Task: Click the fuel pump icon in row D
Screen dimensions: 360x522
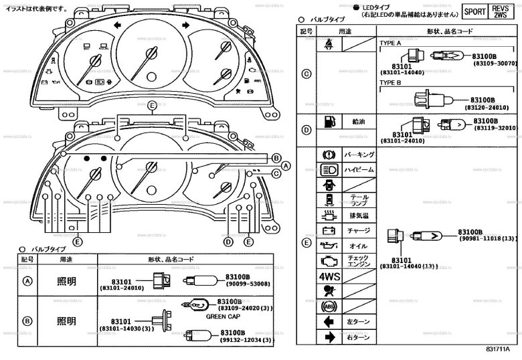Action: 327,122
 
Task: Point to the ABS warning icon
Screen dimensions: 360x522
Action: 328,306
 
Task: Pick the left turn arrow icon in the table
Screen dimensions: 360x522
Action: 328,321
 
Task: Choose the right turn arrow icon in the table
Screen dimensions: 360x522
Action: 328,337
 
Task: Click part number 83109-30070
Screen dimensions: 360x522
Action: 496,63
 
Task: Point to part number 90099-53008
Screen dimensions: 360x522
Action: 246,284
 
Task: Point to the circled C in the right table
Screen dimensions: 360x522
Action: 307,74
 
